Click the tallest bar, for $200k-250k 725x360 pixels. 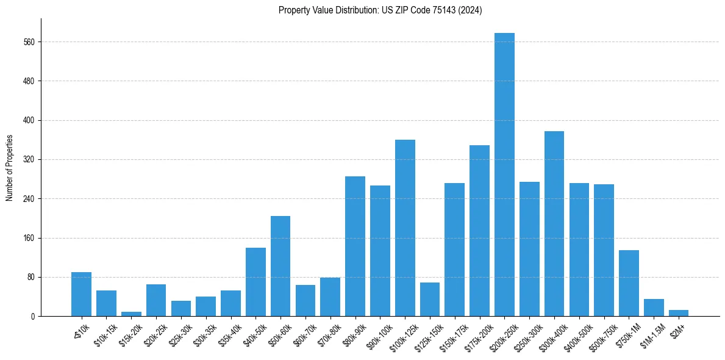[x=504, y=175]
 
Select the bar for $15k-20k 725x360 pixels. [x=131, y=314]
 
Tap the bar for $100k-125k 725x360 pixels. [x=405, y=228]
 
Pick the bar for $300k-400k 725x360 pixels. [x=554, y=224]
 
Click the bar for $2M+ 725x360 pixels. [x=679, y=313]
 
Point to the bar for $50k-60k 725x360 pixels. [x=280, y=266]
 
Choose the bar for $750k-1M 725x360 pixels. [x=629, y=283]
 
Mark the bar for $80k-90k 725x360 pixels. [x=355, y=247]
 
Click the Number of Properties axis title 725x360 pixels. [x=9, y=168]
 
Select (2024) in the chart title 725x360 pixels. [x=471, y=10]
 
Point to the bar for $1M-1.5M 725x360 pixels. [x=654, y=308]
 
